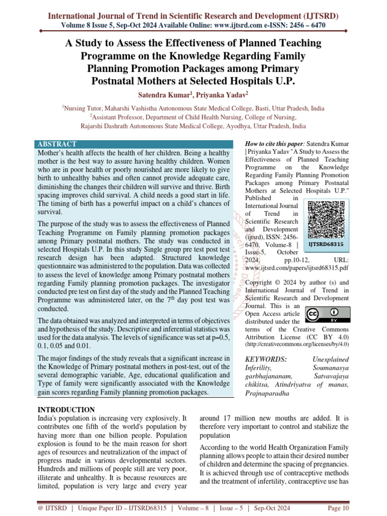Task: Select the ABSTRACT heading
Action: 58,144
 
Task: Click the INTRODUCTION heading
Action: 66,410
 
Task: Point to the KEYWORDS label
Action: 266,359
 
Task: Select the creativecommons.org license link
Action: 297,344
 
